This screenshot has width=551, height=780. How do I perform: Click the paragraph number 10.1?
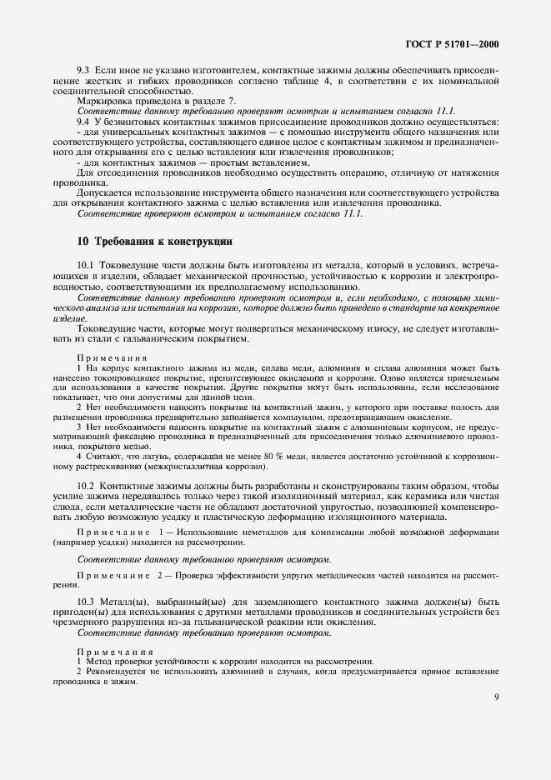pos(86,264)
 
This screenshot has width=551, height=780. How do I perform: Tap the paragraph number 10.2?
pos(86,485)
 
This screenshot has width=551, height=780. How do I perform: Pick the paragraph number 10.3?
pos(86,602)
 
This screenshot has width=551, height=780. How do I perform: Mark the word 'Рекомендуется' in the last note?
pos(119,670)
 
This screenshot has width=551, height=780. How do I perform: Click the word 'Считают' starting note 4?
pos(103,457)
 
